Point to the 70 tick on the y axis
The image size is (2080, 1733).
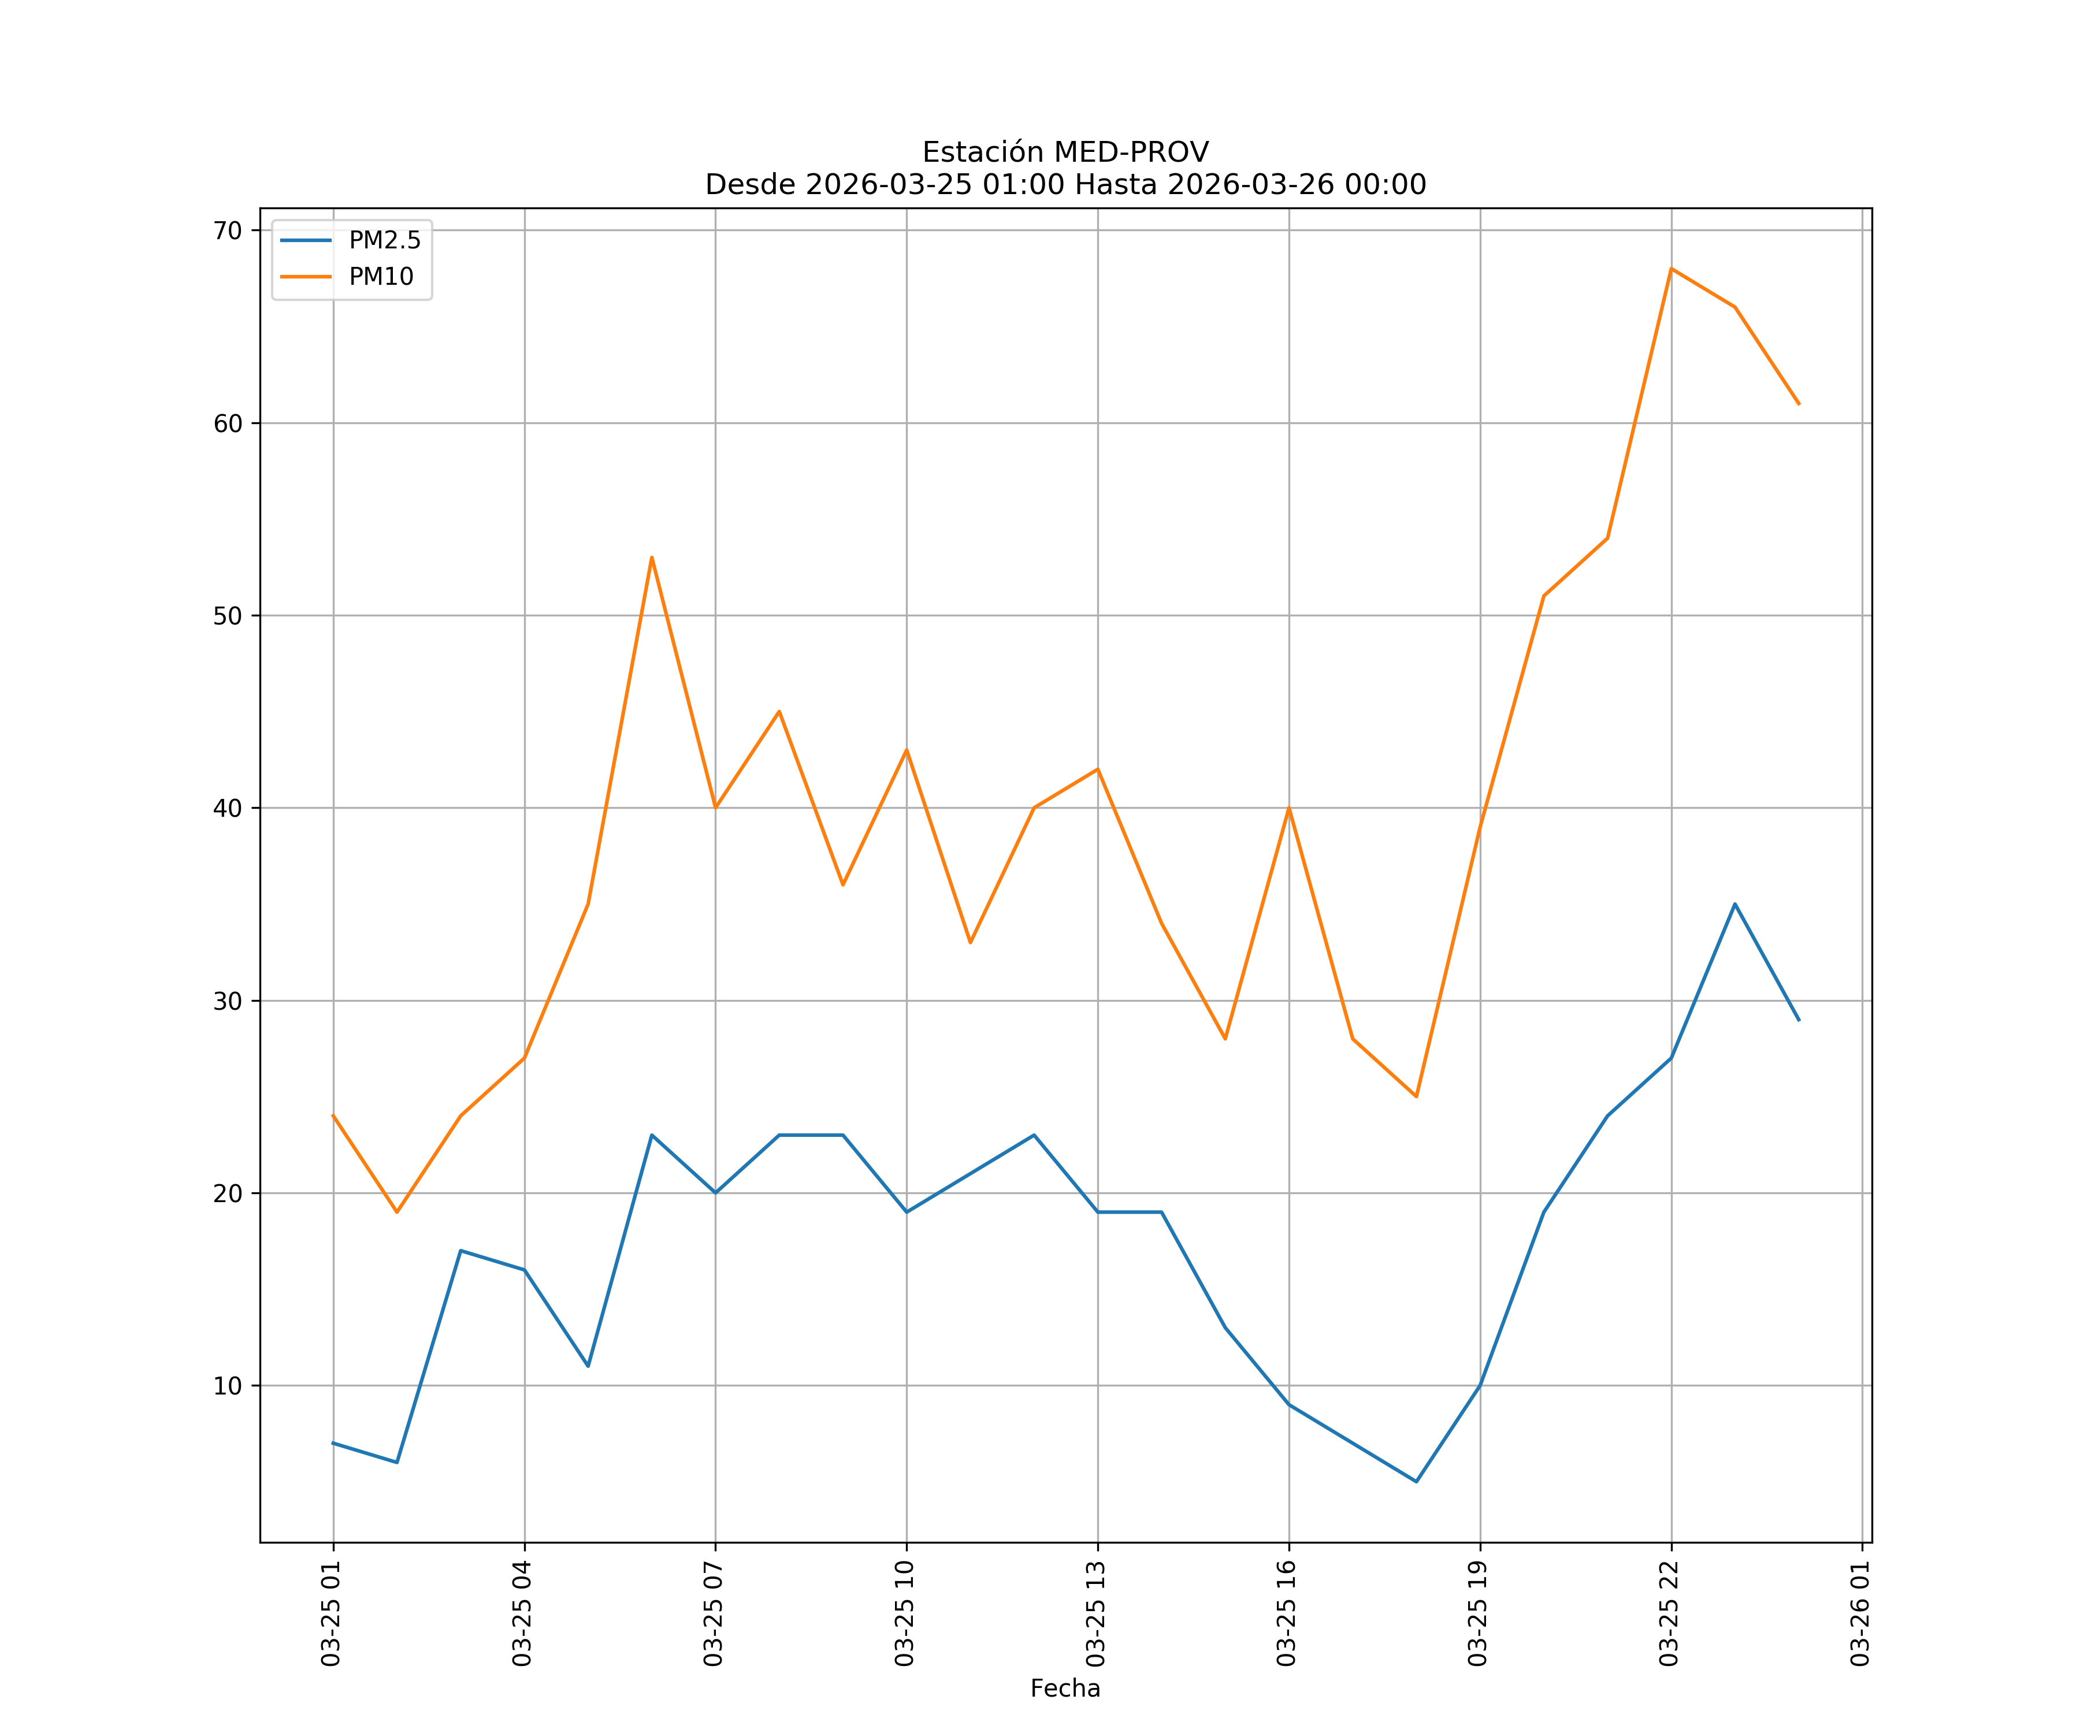[228, 230]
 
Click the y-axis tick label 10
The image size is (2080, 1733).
[228, 1385]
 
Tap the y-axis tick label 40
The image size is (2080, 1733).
[228, 808]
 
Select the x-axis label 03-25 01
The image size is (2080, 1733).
[331, 1613]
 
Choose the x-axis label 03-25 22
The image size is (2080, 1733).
[1669, 1613]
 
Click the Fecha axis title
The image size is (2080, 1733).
[1065, 1689]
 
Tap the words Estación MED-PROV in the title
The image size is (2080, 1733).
[1065, 153]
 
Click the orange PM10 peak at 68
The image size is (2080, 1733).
[1671, 269]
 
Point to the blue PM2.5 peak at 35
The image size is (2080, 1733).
[1734, 904]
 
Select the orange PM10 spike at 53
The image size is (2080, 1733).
[652, 557]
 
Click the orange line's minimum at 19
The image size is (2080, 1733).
[397, 1212]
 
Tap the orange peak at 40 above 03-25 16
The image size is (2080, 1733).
[1288, 808]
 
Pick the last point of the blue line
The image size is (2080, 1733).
[1799, 1020]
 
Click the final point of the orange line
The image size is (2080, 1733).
[1799, 404]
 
